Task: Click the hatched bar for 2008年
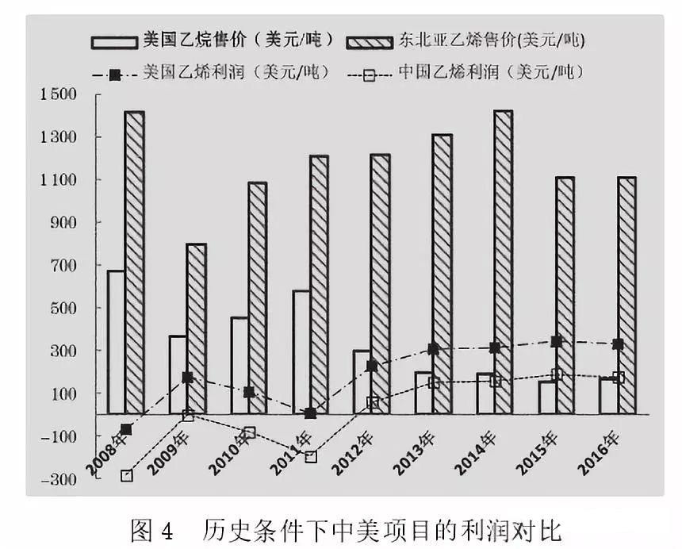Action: pos(134,262)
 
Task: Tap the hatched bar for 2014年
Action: pos(503,262)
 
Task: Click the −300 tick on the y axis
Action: pos(57,479)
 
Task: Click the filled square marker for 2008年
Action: pos(126,429)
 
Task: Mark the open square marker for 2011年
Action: pos(311,457)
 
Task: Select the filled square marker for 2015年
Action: pos(557,341)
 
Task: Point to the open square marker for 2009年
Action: pos(188,416)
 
